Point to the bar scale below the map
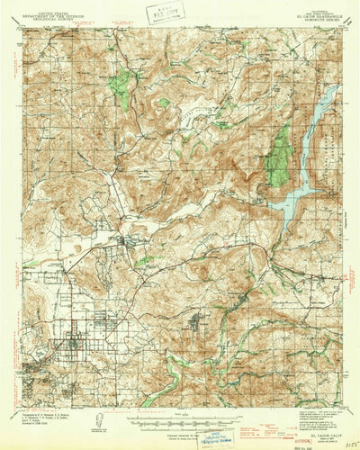coord(180,420)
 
